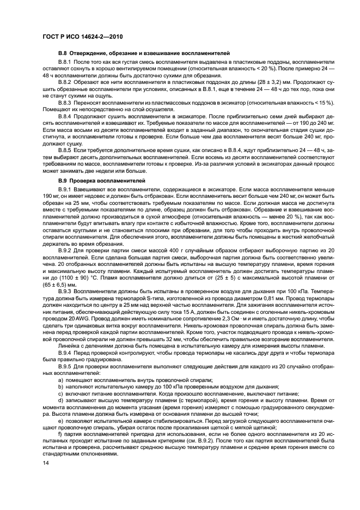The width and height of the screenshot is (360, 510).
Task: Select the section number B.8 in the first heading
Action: [63, 53]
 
